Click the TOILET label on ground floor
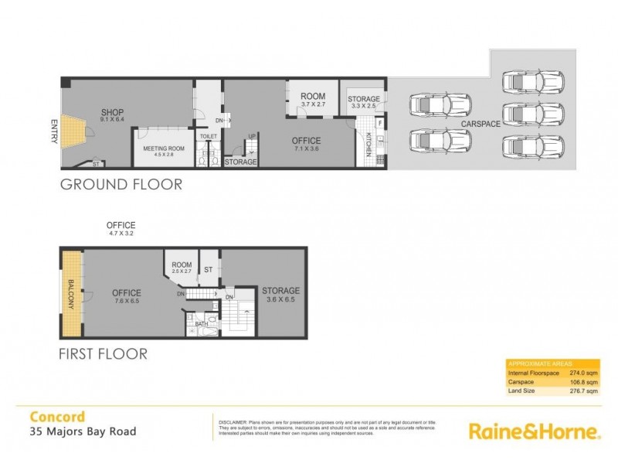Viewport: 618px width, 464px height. click(x=209, y=136)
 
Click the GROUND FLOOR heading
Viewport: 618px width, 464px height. click(x=121, y=185)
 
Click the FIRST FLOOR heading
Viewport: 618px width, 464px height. click(x=103, y=355)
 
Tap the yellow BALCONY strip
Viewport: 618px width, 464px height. click(x=72, y=294)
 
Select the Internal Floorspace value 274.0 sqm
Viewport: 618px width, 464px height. click(x=584, y=373)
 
